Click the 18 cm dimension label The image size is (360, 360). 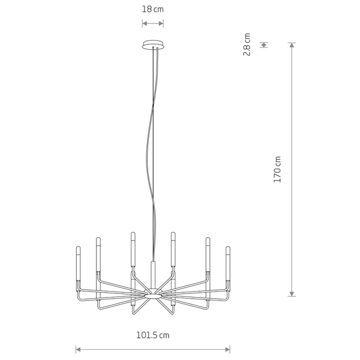coord(152,10)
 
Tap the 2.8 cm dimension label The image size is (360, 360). coord(247,44)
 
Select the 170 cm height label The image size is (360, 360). coord(277,169)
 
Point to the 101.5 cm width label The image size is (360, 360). coord(153,335)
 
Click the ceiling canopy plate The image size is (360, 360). coord(153,45)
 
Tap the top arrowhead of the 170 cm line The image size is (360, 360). coord(292,45)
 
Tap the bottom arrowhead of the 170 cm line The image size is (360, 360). coord(292,294)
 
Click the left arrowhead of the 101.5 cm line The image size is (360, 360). coord(78,350)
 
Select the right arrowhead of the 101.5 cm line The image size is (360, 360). coord(227,350)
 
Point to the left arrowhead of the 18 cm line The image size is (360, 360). coord(145,23)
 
